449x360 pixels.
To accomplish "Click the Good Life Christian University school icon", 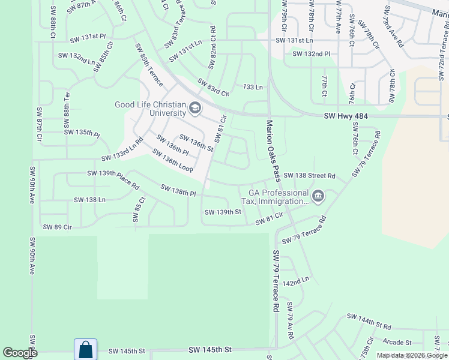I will tap(194, 108).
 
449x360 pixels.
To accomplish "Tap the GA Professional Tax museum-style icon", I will tap(318, 196).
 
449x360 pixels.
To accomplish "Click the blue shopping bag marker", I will tap(85, 350).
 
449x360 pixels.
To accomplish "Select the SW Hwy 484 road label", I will tap(345, 116).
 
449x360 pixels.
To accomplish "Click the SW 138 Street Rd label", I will tap(309, 175).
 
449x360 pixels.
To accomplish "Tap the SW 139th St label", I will tap(222, 212).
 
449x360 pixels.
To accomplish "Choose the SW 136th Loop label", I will tap(172, 162).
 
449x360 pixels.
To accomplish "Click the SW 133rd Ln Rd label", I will tap(122, 149).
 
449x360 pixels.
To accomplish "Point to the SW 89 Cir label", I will tap(58, 227).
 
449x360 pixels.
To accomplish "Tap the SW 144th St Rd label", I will tap(369, 322).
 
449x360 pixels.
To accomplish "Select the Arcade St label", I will tap(397, 343).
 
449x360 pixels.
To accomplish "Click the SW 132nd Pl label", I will tap(311, 54).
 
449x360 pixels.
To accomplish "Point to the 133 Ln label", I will tap(253, 87).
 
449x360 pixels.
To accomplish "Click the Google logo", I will tap(20, 353).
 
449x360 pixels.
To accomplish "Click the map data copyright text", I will tap(412, 355).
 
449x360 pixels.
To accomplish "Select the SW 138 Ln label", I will tap(89, 199).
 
